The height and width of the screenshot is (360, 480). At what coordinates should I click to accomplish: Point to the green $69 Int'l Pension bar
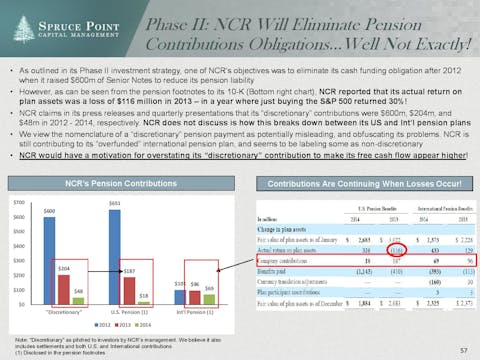point(208,298)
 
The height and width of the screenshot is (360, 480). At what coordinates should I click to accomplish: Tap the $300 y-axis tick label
point(17,260)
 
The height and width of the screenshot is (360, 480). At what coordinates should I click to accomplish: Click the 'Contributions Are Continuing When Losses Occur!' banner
point(358,185)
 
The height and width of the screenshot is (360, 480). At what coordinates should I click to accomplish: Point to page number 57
point(462,351)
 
